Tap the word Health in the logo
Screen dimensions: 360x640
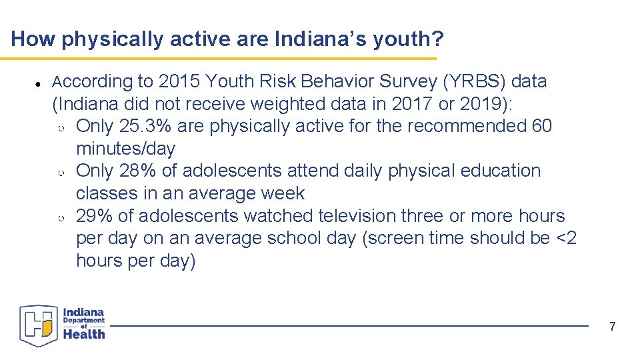(x=84, y=334)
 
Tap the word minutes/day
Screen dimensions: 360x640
(x=125, y=149)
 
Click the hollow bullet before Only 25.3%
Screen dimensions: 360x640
(x=61, y=127)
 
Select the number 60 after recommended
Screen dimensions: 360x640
(x=541, y=126)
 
